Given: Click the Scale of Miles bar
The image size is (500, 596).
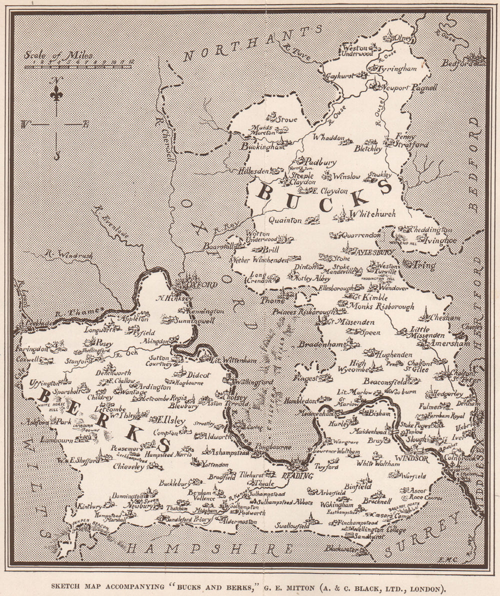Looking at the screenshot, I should (77, 65).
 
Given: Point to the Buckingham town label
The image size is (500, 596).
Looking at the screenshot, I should (259, 146).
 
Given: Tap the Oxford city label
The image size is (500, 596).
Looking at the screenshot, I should (203, 285).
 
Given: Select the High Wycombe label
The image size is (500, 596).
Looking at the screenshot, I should (358, 367).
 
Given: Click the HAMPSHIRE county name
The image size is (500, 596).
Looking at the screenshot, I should (209, 549).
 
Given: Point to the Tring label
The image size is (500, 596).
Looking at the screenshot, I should (424, 265).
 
